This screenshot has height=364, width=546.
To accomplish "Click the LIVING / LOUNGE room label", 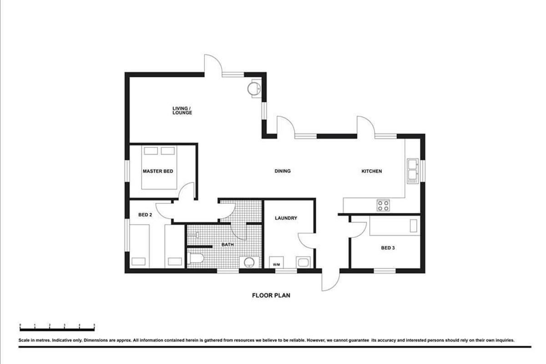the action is (x=182, y=111).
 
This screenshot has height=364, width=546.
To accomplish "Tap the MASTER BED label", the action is (x=158, y=171).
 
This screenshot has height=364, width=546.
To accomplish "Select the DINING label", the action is (x=283, y=171).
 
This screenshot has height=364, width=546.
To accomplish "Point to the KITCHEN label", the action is (x=371, y=171).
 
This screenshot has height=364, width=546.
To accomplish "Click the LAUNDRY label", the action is (x=286, y=218).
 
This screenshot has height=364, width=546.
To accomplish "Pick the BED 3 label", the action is (x=388, y=248).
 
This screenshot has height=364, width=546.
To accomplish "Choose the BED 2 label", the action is (x=145, y=215).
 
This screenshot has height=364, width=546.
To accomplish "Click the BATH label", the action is (x=227, y=244).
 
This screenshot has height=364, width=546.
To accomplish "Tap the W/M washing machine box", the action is (x=276, y=263).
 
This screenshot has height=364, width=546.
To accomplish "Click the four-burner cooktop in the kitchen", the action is (x=383, y=205).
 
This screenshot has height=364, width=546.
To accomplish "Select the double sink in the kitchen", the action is (x=413, y=171).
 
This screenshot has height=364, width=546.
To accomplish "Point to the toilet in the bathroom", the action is (x=195, y=258).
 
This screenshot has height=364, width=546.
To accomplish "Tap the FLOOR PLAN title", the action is (x=271, y=295).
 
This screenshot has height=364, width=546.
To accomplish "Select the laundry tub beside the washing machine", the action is (x=303, y=263).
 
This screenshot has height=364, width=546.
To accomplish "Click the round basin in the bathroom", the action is (x=249, y=263).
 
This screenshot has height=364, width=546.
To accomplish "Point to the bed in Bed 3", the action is (x=394, y=226).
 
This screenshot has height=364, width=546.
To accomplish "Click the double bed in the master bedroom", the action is (x=159, y=167).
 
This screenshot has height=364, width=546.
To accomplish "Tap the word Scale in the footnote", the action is (x=24, y=340).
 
